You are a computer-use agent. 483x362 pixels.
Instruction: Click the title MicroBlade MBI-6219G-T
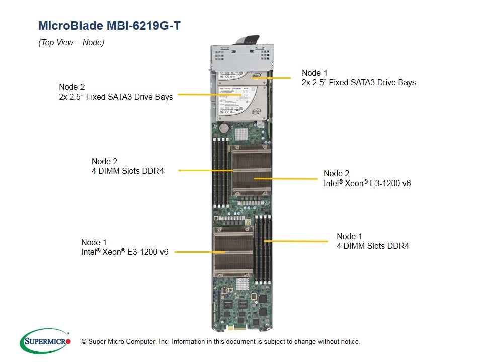[x=109, y=26]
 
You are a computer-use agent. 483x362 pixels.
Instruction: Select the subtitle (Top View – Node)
[x=71, y=43]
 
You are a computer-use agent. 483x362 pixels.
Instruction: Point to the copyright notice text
[x=221, y=342]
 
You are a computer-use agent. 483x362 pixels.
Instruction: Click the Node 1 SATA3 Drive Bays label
[x=359, y=78]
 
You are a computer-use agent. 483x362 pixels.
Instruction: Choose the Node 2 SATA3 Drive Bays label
[x=116, y=92]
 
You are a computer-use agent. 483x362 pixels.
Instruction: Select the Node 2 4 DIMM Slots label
[x=127, y=166]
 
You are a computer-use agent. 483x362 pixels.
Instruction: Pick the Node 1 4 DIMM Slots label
[x=372, y=241]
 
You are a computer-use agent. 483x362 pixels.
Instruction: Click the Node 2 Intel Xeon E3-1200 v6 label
[x=367, y=178]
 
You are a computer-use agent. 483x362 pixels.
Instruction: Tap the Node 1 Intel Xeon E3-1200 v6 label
[x=124, y=247]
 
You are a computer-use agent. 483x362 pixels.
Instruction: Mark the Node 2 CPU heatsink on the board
[x=251, y=170]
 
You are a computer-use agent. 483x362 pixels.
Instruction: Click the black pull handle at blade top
[x=251, y=41]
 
